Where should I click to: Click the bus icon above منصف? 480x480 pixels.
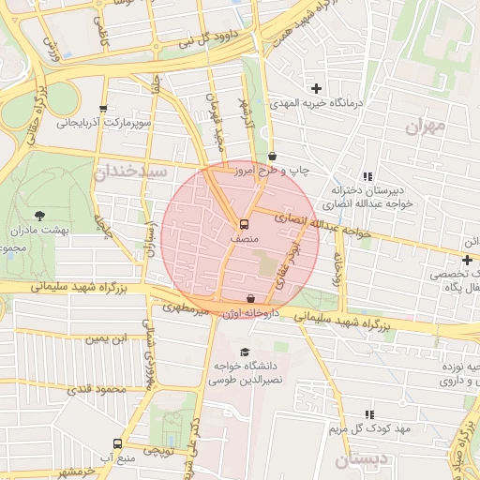(x=244, y=225)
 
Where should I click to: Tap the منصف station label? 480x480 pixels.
(x=244, y=240)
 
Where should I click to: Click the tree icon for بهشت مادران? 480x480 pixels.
(x=38, y=216)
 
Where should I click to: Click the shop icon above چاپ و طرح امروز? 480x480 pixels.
(x=272, y=156)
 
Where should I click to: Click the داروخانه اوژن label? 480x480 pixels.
(x=247, y=311)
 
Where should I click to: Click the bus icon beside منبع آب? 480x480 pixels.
(x=117, y=443)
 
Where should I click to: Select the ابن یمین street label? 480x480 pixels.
(x=106, y=338)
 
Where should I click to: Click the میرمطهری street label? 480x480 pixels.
(x=182, y=306)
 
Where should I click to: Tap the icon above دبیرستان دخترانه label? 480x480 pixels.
(x=367, y=176)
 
